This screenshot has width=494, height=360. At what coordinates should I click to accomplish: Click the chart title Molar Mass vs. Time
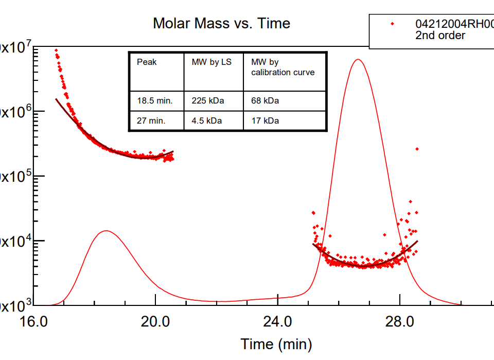(x=221, y=23)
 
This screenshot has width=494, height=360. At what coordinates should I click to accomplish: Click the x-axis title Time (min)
(x=276, y=344)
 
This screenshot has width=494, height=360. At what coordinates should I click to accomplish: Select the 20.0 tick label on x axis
(x=155, y=322)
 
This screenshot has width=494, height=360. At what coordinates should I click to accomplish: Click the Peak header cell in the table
(x=147, y=62)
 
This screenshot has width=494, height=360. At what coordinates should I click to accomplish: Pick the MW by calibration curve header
(x=283, y=67)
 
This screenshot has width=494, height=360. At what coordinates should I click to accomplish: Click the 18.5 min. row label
(x=155, y=101)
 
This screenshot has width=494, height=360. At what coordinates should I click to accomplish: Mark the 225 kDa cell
(x=208, y=101)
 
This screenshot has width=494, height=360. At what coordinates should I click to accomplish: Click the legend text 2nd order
(x=440, y=36)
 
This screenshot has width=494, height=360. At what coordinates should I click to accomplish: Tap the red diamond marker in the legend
(x=393, y=24)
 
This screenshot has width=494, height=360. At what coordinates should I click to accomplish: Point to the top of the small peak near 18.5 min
(x=106, y=231)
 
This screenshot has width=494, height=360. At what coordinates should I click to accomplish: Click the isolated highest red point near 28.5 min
(x=417, y=149)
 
